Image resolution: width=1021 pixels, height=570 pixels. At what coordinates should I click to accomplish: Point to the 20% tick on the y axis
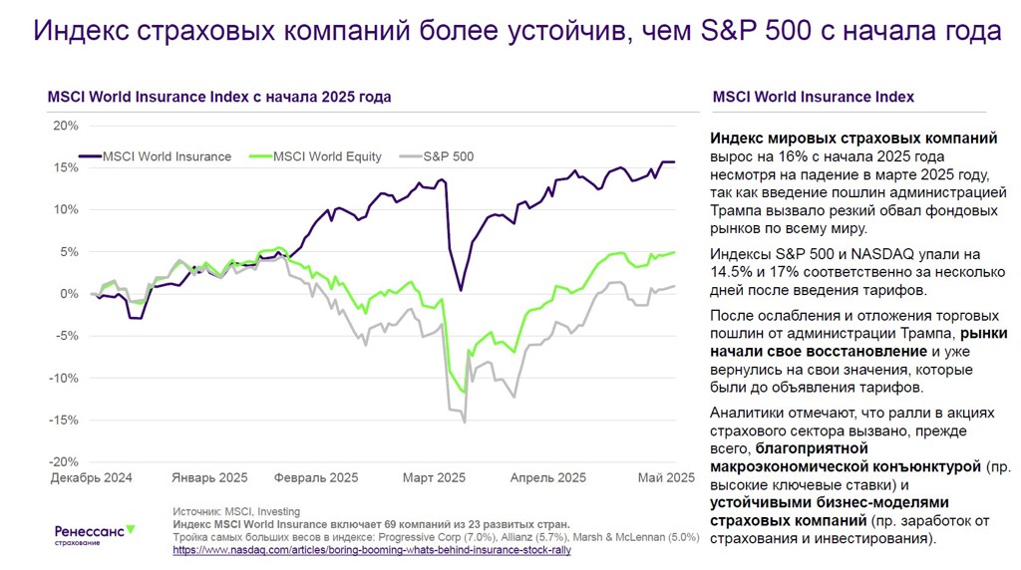(x=65, y=126)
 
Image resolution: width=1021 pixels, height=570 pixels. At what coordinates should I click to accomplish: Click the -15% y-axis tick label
(x=63, y=420)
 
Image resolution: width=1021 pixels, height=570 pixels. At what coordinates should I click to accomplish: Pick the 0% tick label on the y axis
(x=68, y=294)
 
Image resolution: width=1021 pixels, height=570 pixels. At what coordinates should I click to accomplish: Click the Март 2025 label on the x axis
(x=434, y=477)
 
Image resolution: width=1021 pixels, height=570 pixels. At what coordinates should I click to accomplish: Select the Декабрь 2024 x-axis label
(x=92, y=477)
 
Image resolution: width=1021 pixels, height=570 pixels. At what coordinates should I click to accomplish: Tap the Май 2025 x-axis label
(x=666, y=477)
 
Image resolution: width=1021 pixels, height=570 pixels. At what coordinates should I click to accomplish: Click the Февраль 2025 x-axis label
(x=316, y=477)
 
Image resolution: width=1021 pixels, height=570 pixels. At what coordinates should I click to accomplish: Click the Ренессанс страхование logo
(x=94, y=534)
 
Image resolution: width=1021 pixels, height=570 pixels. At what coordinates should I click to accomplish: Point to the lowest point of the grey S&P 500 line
(x=465, y=423)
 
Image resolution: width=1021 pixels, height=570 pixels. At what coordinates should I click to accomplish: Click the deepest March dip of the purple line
(x=461, y=290)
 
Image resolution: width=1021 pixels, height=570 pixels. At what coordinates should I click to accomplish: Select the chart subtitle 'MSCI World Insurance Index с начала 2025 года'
(x=218, y=97)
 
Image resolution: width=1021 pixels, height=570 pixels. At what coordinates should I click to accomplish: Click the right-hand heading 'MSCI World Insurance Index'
(x=814, y=97)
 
